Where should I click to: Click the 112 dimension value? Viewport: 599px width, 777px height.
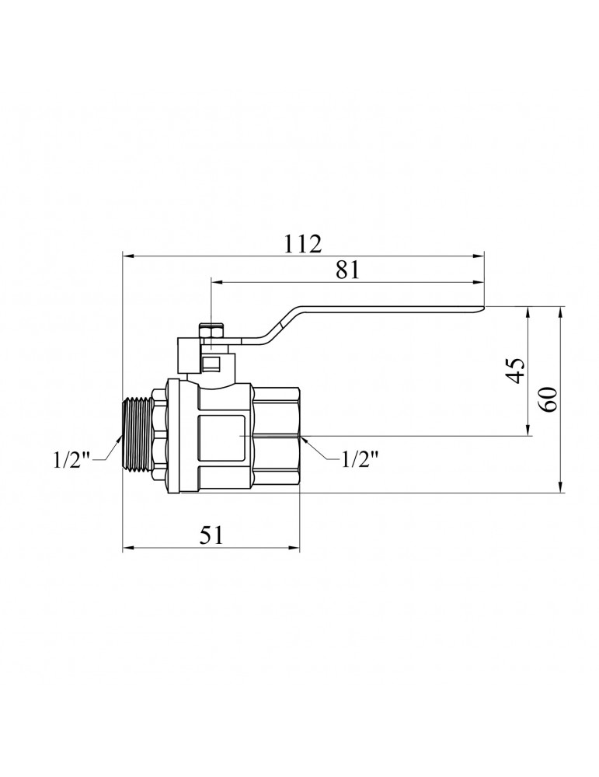(303, 244)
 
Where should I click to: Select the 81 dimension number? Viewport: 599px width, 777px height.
(347, 270)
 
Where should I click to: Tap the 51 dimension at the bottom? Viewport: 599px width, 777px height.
(211, 535)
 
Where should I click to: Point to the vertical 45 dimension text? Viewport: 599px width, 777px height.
(516, 370)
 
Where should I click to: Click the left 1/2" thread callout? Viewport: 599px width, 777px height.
(71, 460)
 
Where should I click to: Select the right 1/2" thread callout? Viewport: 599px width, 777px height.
(360, 460)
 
